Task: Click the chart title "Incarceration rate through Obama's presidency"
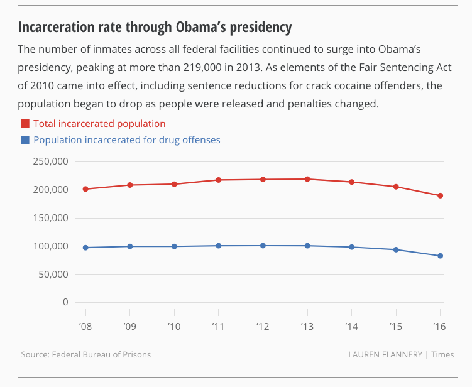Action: click(x=155, y=28)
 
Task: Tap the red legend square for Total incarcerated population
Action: click(x=25, y=124)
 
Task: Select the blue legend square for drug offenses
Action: click(x=25, y=140)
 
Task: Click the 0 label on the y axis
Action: click(x=65, y=302)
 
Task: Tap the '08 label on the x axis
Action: click(x=85, y=327)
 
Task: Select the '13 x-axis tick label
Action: click(x=307, y=327)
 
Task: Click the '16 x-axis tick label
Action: click(x=441, y=327)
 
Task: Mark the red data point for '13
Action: click(x=307, y=179)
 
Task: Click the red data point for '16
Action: click(x=441, y=195)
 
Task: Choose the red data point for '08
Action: click(x=85, y=189)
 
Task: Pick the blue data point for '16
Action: click(x=441, y=256)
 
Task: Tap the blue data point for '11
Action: click(x=219, y=246)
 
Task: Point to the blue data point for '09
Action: click(x=130, y=246)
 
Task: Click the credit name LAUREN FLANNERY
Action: click(x=385, y=354)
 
